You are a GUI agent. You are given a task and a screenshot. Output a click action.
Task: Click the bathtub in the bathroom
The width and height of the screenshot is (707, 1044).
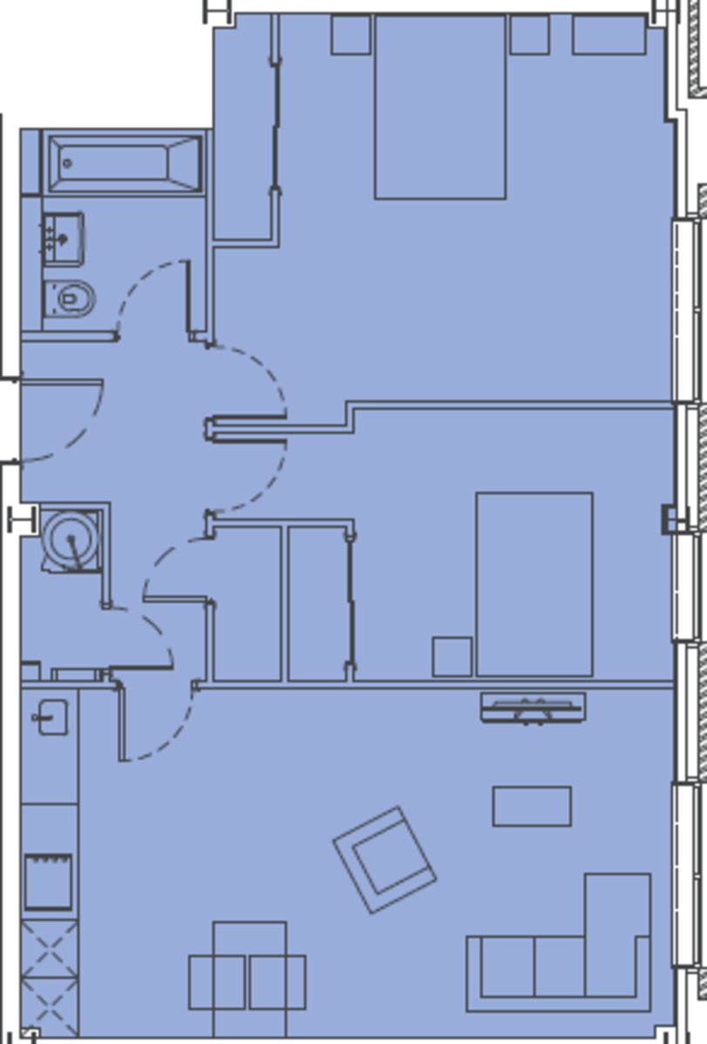(125, 163)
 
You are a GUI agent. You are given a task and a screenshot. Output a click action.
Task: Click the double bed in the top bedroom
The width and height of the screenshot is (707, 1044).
(440, 106)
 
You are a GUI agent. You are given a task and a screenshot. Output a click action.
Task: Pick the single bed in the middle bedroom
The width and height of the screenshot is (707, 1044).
(534, 583)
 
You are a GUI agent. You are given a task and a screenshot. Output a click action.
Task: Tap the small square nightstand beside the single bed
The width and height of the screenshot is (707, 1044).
(452, 657)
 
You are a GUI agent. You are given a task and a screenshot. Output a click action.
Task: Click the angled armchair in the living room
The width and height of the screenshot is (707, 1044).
(384, 860)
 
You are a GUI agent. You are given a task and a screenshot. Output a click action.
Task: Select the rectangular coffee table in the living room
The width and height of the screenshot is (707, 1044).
(532, 806)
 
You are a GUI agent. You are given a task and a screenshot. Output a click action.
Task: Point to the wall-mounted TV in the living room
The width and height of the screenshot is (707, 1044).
(532, 707)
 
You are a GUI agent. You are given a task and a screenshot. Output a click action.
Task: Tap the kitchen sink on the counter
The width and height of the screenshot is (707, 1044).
(52, 717)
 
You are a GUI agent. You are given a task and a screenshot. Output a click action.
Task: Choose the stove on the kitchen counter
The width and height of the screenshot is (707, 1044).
(49, 881)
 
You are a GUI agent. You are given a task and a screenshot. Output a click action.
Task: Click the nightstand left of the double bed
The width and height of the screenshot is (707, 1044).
(351, 35)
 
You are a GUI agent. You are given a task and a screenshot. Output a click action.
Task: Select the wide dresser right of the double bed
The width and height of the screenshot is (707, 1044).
(609, 35)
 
